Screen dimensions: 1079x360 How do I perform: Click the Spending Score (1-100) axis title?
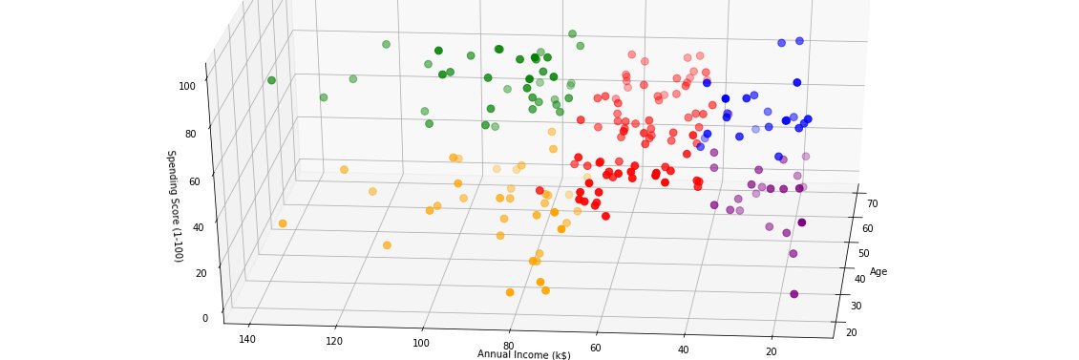(x=175, y=206)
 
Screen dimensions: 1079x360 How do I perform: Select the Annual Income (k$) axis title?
(x=524, y=355)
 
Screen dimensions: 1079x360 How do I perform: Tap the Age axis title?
(x=878, y=272)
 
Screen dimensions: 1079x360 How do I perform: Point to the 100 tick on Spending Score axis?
(x=188, y=86)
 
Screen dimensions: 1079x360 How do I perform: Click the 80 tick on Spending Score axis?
(x=191, y=134)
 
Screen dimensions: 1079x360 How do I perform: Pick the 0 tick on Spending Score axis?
(x=204, y=318)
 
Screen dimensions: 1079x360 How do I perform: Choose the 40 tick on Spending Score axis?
(x=198, y=227)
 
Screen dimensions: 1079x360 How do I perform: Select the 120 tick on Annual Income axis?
(x=335, y=342)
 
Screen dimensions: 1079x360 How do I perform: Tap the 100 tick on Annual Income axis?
(x=421, y=344)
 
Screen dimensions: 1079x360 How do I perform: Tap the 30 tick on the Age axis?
(x=855, y=306)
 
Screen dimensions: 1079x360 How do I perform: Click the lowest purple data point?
(x=793, y=294)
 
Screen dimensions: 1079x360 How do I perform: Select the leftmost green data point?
(x=272, y=80)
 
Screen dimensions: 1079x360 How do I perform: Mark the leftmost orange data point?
(x=283, y=223)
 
